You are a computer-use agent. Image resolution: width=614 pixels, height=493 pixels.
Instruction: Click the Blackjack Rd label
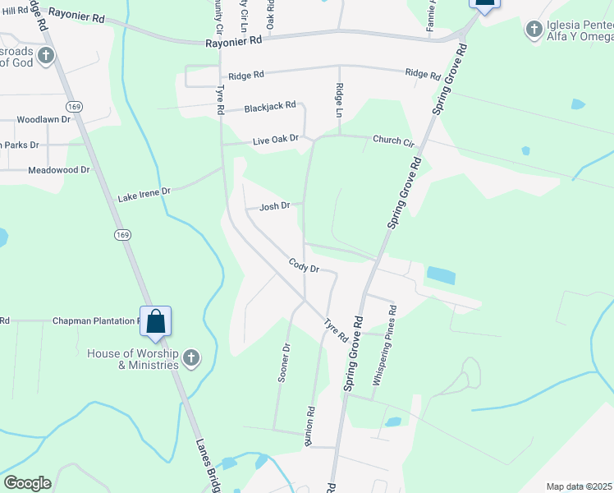(269, 108)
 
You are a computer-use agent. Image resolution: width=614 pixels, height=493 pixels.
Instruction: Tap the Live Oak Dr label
(275, 140)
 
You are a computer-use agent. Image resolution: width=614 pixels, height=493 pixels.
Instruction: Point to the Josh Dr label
(275, 206)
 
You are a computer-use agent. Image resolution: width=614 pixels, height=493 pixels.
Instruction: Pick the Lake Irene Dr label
(144, 195)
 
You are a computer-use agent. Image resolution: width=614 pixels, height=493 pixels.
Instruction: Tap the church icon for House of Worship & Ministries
(191, 357)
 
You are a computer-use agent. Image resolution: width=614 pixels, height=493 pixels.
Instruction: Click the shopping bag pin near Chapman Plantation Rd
(155, 321)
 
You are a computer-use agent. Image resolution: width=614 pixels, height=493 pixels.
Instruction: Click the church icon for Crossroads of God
(47, 56)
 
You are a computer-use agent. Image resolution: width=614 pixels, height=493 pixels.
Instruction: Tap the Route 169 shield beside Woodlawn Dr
(75, 106)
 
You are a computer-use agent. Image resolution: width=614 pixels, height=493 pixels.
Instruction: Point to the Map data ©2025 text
(578, 486)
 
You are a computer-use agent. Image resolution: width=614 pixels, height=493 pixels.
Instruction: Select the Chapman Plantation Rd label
(95, 320)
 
